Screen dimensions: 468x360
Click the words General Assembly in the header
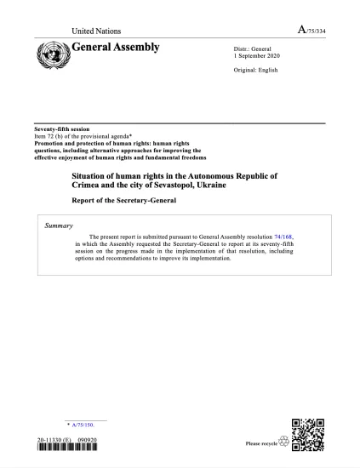118,47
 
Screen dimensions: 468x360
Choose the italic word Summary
59,225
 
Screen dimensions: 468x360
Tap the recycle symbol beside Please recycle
283,443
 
